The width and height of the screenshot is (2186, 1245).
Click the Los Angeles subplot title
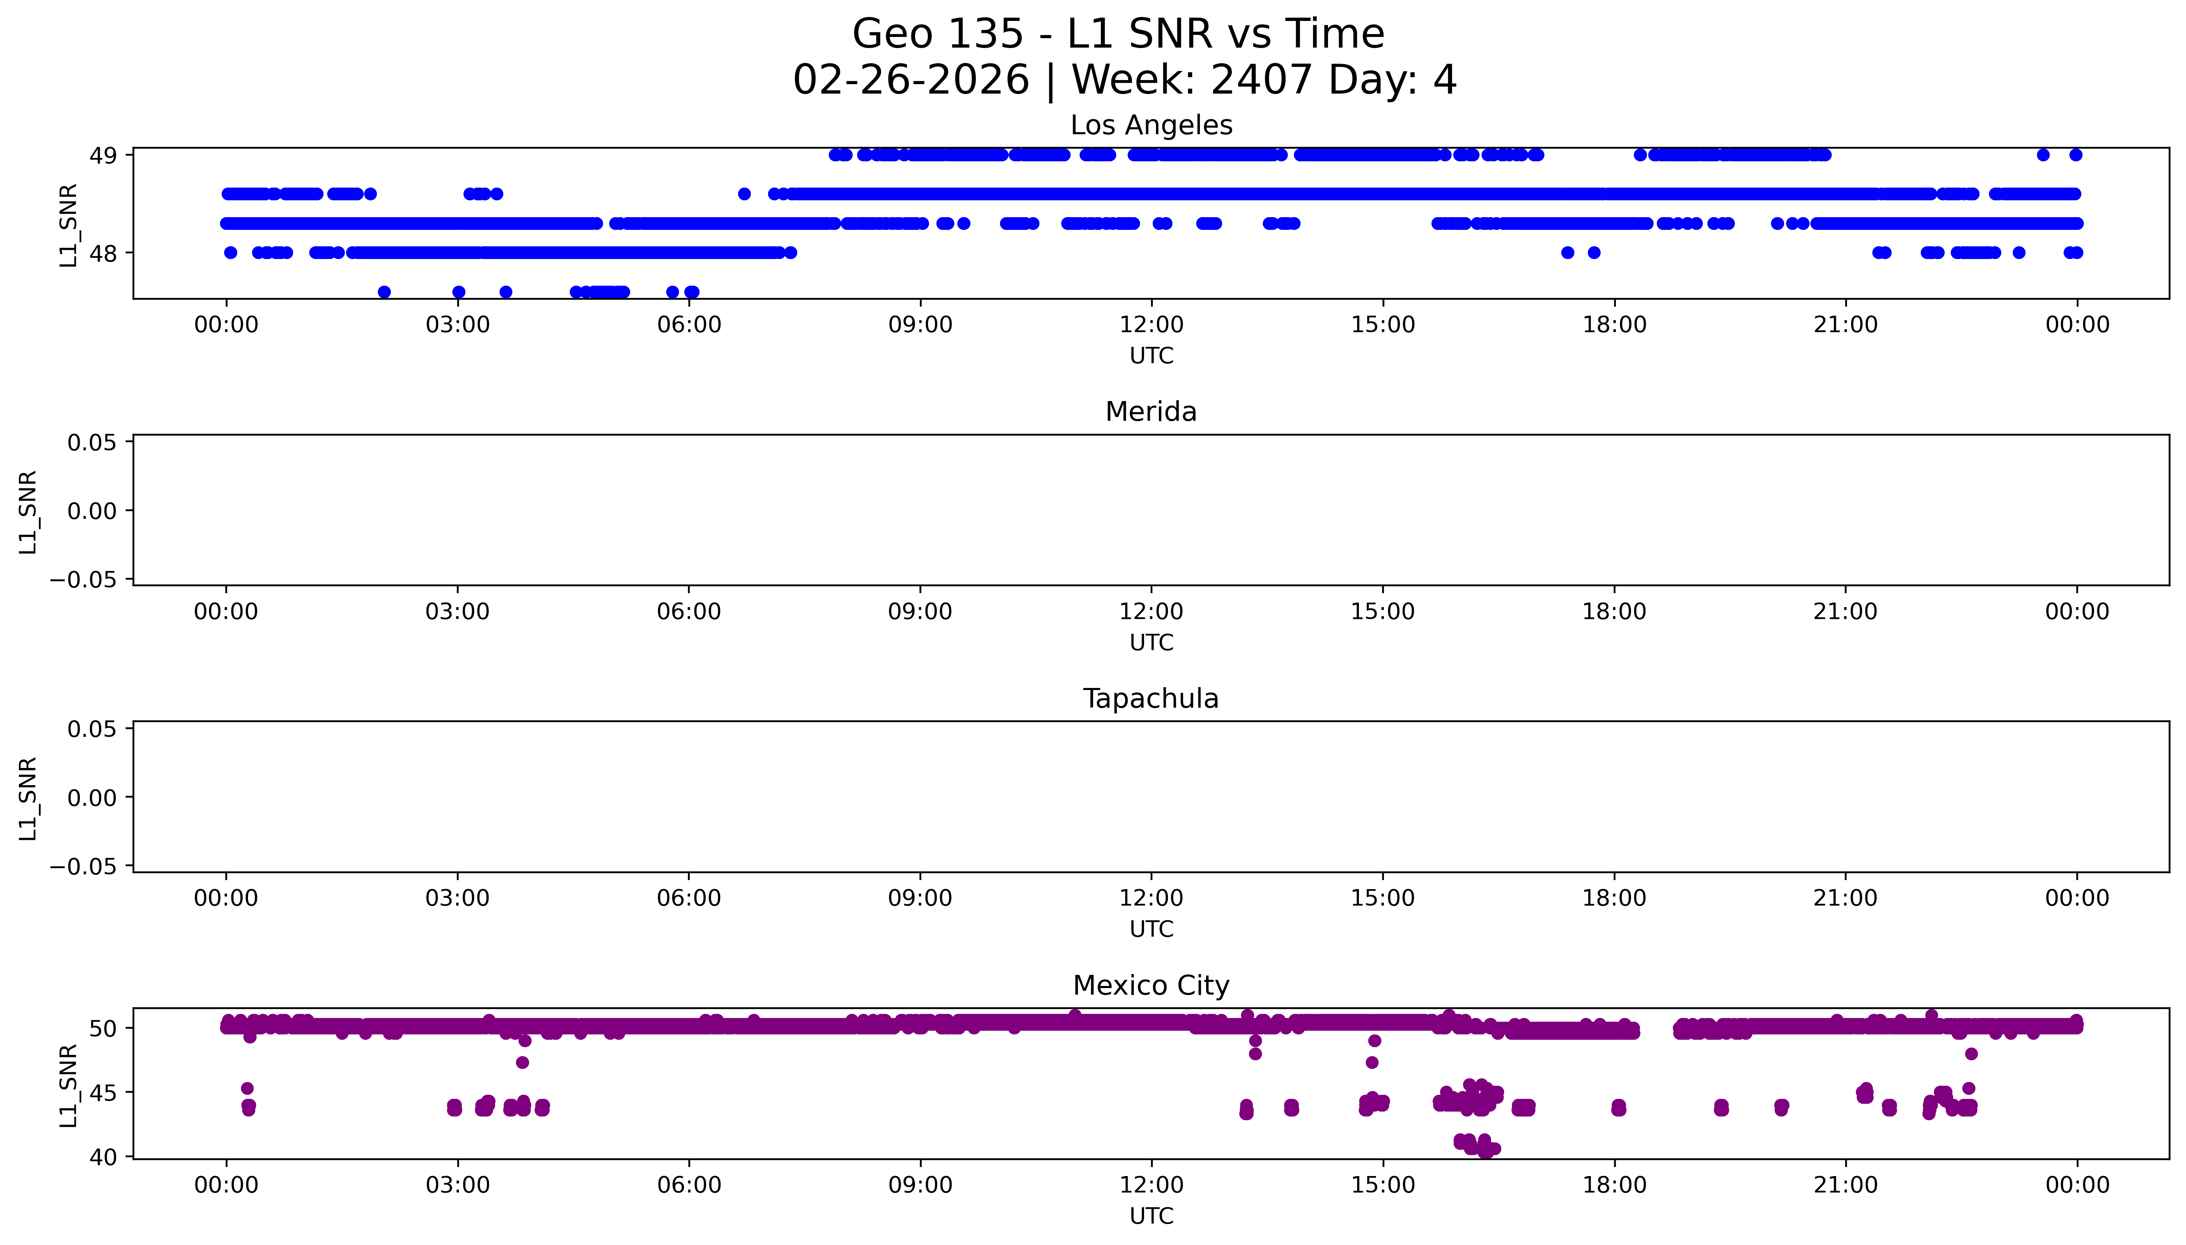pyautogui.click(x=1151, y=126)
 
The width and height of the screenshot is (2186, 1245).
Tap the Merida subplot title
pyautogui.click(x=1151, y=412)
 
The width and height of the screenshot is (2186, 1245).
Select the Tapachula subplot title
pyautogui.click(x=1151, y=699)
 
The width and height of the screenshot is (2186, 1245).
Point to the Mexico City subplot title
pyautogui.click(x=1151, y=986)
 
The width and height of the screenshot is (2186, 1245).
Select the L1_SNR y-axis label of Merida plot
pyautogui.click(x=28, y=511)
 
